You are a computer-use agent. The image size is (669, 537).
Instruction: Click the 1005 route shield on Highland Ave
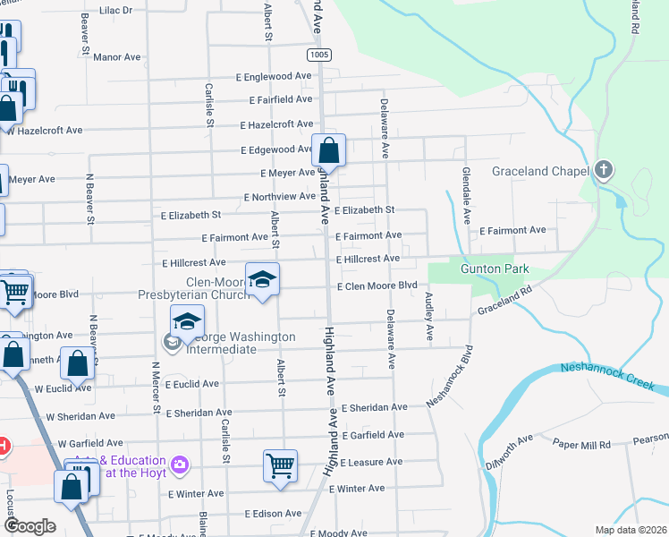click(x=319, y=55)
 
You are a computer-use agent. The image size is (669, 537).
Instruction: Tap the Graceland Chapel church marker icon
click(x=604, y=170)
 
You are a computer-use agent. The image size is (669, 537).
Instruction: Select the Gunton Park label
click(x=495, y=268)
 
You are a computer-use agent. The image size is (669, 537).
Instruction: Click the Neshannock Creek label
click(x=614, y=377)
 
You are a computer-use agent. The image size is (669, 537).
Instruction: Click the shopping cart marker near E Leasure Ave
click(x=280, y=466)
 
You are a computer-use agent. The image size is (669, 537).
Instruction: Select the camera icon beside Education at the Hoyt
click(x=181, y=464)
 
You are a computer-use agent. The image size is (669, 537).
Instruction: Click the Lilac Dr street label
click(x=115, y=10)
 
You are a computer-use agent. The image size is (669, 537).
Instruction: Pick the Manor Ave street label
click(x=117, y=56)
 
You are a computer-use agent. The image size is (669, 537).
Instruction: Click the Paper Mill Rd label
click(x=580, y=444)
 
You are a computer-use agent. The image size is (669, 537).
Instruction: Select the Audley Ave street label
click(x=429, y=317)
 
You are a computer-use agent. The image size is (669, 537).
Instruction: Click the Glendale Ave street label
click(x=466, y=195)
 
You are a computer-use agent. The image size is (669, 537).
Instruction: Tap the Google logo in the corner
click(x=30, y=526)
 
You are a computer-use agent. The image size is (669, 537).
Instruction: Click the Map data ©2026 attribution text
click(x=631, y=530)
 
